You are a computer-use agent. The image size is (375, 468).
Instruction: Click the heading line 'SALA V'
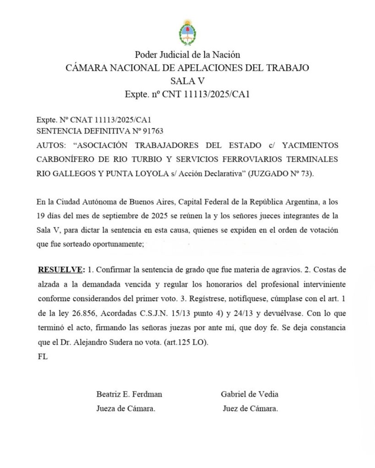pyautogui.click(x=187, y=81)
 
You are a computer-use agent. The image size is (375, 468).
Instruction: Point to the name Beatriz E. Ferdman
pyautogui.click(x=129, y=394)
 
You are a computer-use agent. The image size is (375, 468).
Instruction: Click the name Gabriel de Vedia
pyautogui.click(x=250, y=394)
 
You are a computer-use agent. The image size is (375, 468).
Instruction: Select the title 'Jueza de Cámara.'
pyautogui.click(x=125, y=409)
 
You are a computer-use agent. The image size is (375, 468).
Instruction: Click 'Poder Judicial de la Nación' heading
pyautogui.click(x=187, y=55)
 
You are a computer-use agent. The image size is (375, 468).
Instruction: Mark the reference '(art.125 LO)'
pyautogui.click(x=189, y=342)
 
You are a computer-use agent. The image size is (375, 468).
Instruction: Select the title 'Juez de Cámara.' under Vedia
pyautogui.click(x=250, y=409)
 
